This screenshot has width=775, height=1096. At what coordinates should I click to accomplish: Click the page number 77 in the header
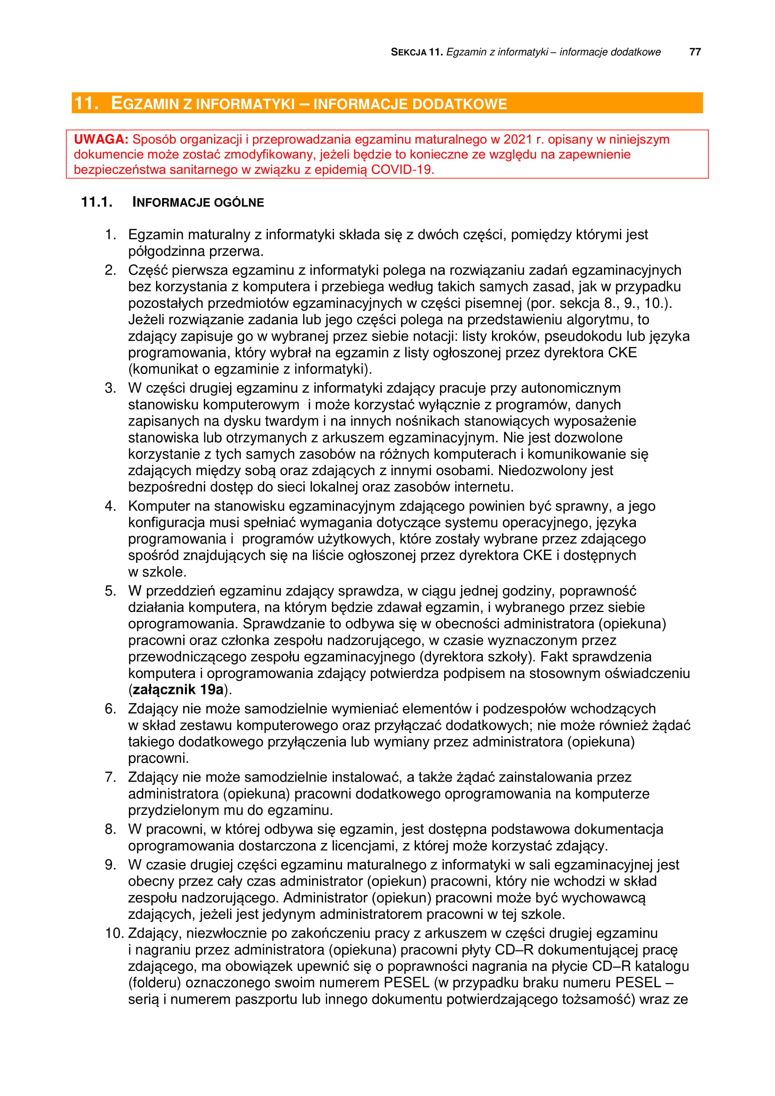(x=695, y=52)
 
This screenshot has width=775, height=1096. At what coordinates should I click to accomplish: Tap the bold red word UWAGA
(x=101, y=139)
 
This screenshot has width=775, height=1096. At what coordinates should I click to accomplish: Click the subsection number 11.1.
(x=97, y=202)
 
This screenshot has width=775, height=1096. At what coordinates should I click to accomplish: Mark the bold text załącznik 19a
(x=178, y=689)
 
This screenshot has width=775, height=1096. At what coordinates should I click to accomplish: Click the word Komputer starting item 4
(x=159, y=506)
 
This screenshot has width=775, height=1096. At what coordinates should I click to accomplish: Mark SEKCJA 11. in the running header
(x=417, y=52)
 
